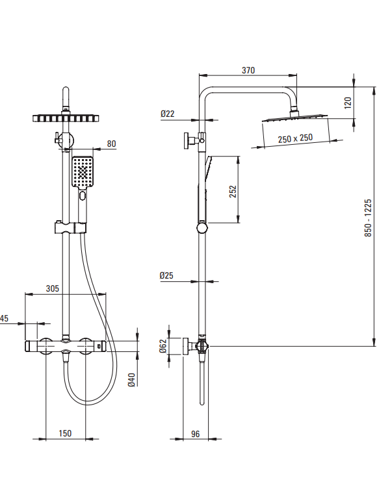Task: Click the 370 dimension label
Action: point(248,70)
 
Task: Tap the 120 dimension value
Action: point(348,103)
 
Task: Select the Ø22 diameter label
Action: point(168,114)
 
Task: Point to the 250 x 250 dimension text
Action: point(295,138)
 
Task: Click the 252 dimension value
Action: point(233,192)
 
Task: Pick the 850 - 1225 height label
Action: point(368,218)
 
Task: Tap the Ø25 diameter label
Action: point(166,275)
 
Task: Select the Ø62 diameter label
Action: point(163,346)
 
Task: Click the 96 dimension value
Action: point(195,434)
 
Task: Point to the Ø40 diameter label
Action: point(132,380)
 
